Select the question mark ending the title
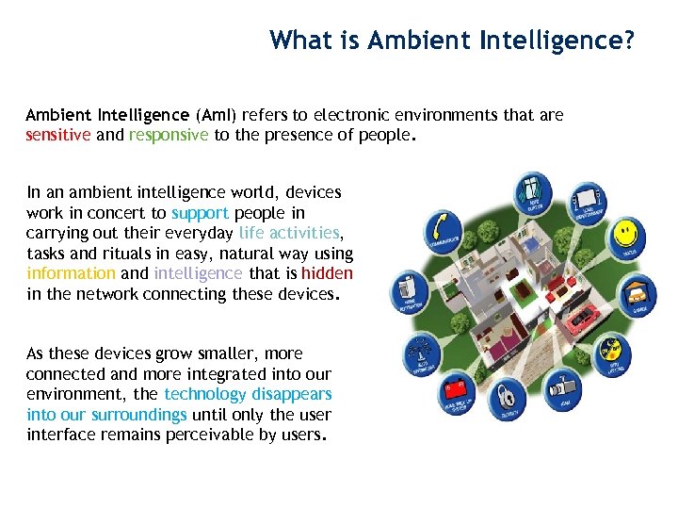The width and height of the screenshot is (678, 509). [628, 41]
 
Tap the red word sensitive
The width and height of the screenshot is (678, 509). [58, 134]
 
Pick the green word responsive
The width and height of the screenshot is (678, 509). [169, 134]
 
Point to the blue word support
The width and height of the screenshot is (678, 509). [200, 213]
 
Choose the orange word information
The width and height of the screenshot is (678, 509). [71, 273]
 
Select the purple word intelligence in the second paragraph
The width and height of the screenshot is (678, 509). [198, 273]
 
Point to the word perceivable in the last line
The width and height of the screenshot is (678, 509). [222, 435]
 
